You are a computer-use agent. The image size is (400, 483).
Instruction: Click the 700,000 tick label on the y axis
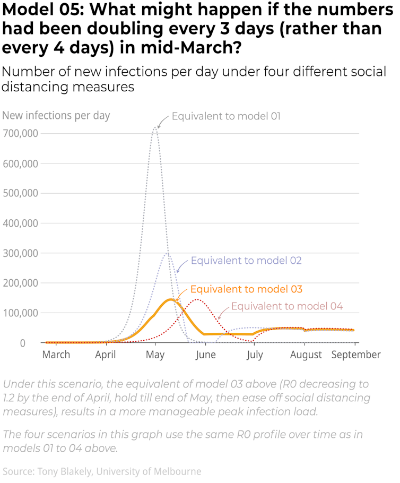pyautogui.click(x=20, y=133)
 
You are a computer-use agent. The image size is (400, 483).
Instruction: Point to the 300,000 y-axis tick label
pyautogui.click(x=20, y=253)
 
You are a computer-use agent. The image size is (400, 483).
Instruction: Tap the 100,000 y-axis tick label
pyautogui.click(x=20, y=313)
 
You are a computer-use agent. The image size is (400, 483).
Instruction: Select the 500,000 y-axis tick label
pyautogui.click(x=20, y=193)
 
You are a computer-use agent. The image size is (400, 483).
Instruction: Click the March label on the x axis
pyautogui.click(x=56, y=355)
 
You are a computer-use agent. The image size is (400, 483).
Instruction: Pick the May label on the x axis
pyautogui.click(x=155, y=355)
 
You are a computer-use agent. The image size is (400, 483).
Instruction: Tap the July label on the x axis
pyautogui.click(x=255, y=355)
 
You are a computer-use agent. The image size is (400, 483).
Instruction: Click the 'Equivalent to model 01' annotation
pyautogui.click(x=226, y=116)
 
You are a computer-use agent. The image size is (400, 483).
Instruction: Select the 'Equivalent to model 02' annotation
pyautogui.click(x=246, y=261)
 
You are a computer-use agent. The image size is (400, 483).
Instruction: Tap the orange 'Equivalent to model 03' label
pyautogui.click(x=246, y=289)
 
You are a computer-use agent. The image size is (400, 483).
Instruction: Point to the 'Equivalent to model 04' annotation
pyautogui.click(x=287, y=306)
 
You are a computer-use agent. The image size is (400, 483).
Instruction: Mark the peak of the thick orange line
pyautogui.click(x=171, y=299)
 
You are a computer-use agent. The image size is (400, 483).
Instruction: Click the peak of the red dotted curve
pyautogui.click(x=197, y=300)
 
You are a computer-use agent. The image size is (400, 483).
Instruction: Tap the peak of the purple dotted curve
pyautogui.click(x=167, y=253)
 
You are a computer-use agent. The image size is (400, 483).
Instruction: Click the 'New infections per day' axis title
pyautogui.click(x=56, y=115)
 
